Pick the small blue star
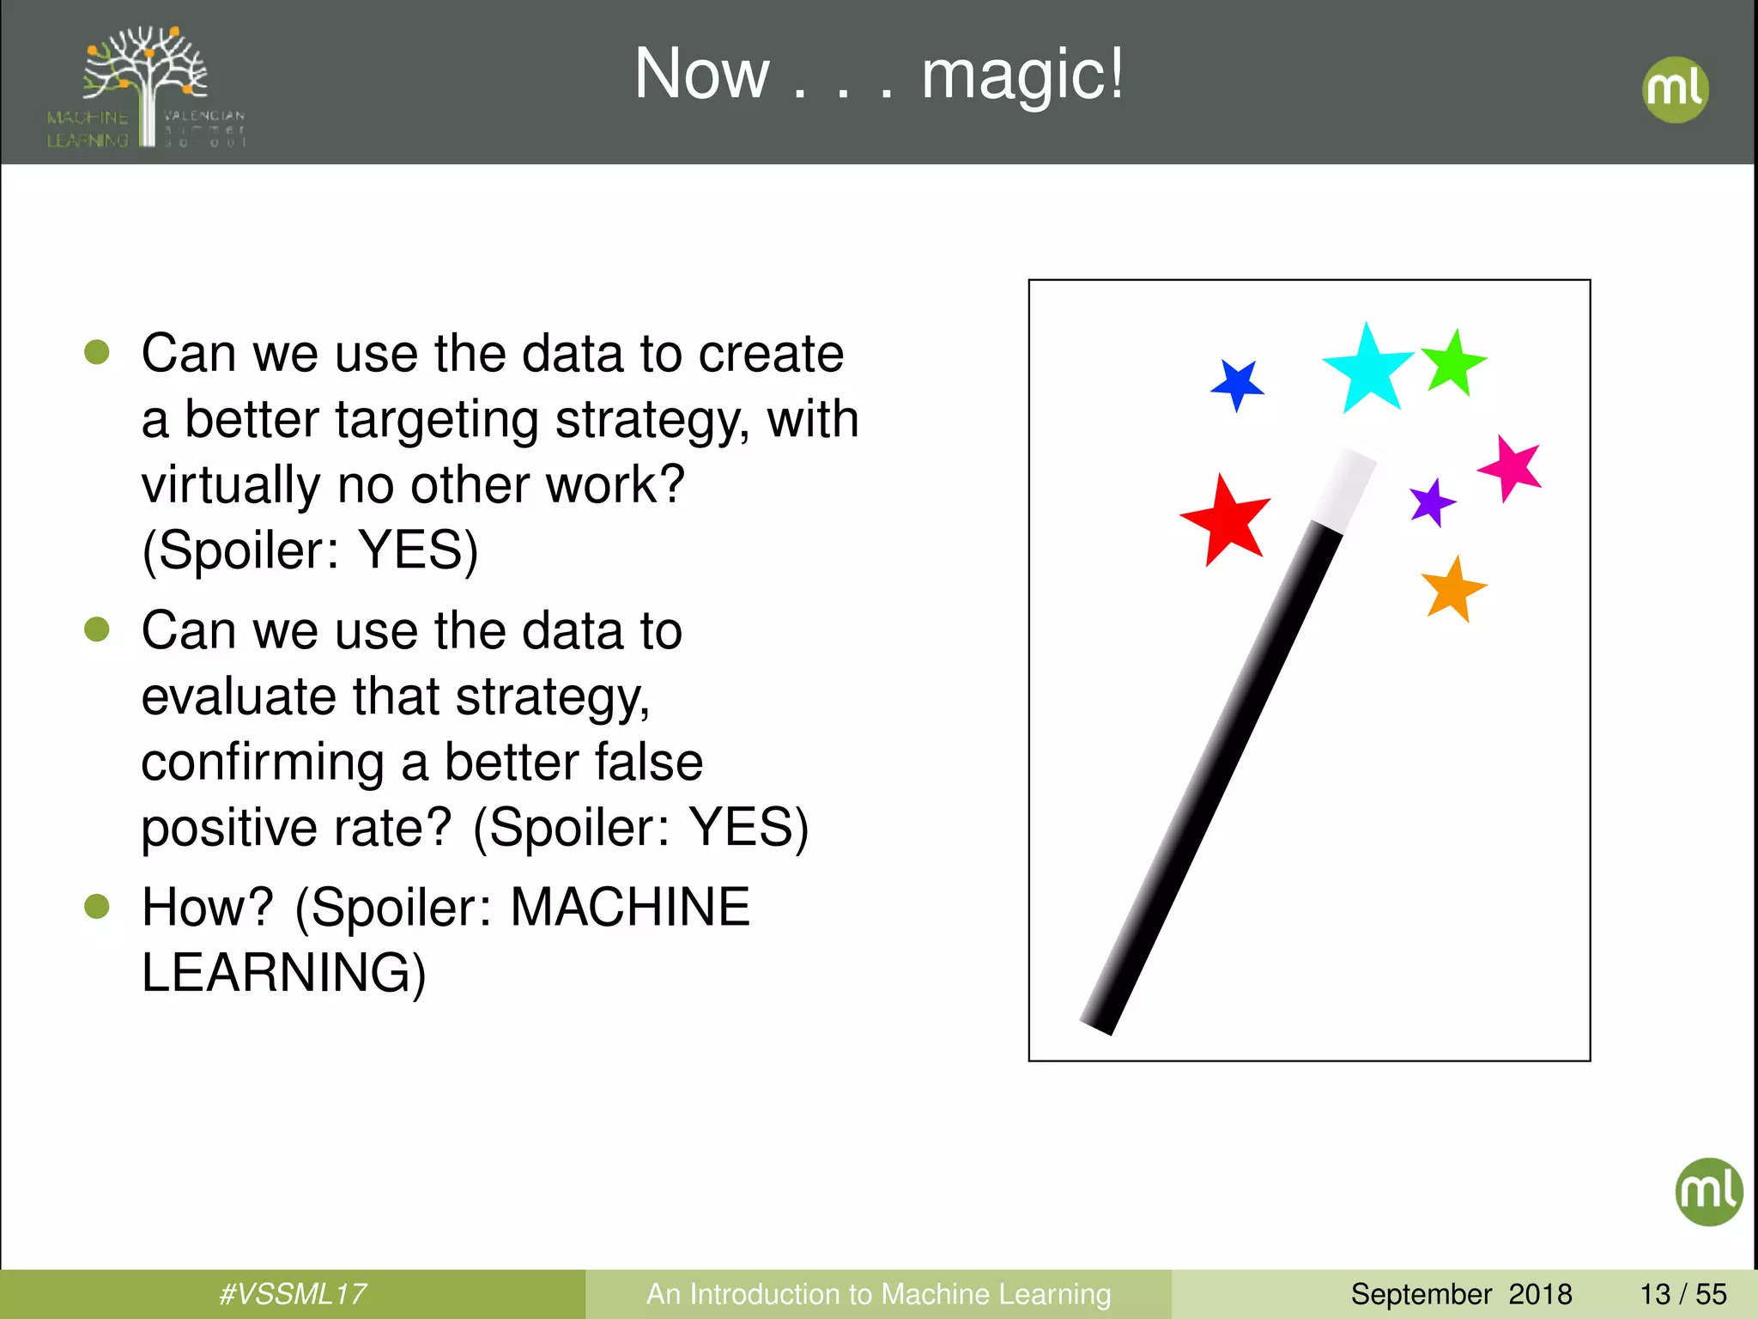pyautogui.click(x=1238, y=385)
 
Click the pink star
pyautogui.click(x=1511, y=468)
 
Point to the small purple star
pyautogui.click(x=1431, y=503)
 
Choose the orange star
pyautogui.click(x=1452, y=590)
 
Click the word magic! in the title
pyautogui.click(x=1021, y=76)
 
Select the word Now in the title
pyautogui.click(x=702, y=76)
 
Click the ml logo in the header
pyautogui.click(x=1675, y=89)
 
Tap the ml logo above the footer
pyautogui.click(x=1708, y=1191)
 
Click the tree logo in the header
pyautogui.click(x=146, y=86)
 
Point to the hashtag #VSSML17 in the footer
pyautogui.click(x=292, y=1294)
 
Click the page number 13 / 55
pyautogui.click(x=1682, y=1294)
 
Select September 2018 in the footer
pyautogui.click(x=1461, y=1294)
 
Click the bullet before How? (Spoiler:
pyautogui.click(x=97, y=906)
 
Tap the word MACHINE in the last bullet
pyautogui.click(x=630, y=907)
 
